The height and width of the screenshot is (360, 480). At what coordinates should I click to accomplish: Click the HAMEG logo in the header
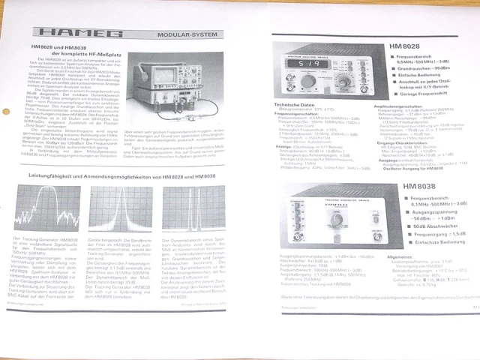click(72, 34)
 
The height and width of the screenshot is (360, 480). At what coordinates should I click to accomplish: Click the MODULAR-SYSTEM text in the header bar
click(184, 34)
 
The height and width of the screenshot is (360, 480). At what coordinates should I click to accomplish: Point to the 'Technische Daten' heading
click(295, 103)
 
